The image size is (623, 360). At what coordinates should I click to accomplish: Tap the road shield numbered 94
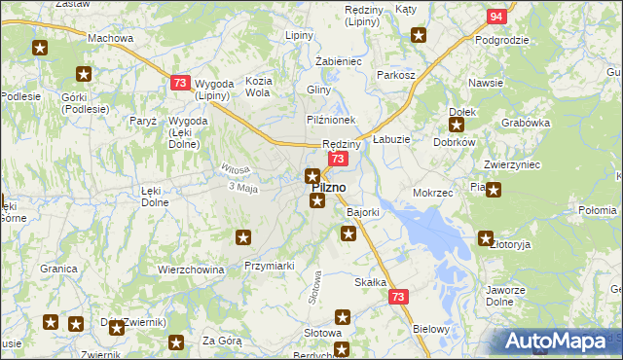(496, 17)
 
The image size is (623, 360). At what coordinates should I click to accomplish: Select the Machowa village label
(110, 38)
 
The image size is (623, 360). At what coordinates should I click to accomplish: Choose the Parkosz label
(396, 75)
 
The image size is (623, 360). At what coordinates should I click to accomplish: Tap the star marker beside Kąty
(419, 36)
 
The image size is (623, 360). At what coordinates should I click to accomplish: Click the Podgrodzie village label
(501, 40)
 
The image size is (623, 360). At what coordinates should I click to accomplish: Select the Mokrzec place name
(433, 193)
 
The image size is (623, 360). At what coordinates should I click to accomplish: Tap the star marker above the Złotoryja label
(486, 236)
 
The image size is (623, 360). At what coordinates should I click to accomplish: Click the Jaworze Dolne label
(506, 296)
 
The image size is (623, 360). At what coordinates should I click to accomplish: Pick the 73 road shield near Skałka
(398, 297)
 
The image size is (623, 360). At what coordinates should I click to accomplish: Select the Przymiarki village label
(270, 265)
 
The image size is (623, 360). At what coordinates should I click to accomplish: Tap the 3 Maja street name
(240, 188)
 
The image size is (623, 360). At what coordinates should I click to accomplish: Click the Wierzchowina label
(191, 270)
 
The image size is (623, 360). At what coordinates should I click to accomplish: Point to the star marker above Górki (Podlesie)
(84, 73)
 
